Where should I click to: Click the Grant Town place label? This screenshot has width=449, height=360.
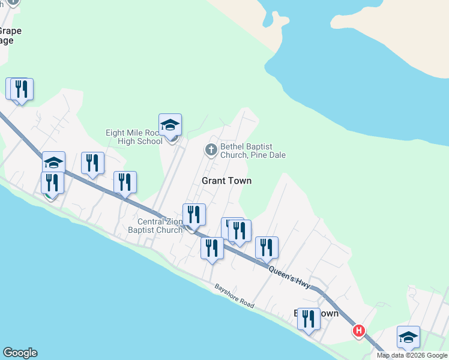pyautogui.click(x=226, y=181)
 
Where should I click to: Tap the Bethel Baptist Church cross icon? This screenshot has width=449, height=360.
pyautogui.click(x=211, y=149)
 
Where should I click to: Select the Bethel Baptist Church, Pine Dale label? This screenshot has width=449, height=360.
pyautogui.click(x=253, y=151)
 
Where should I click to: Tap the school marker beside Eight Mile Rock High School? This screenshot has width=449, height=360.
pyautogui.click(x=170, y=125)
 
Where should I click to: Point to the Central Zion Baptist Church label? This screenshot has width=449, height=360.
pyautogui.click(x=155, y=226)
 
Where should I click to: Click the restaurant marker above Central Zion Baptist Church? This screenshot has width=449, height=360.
pyautogui.click(x=194, y=215)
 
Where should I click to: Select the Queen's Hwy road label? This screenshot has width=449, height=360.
pyautogui.click(x=289, y=277)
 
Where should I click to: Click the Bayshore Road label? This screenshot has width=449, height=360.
pyautogui.click(x=234, y=296)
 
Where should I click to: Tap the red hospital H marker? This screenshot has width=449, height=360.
pyautogui.click(x=359, y=331)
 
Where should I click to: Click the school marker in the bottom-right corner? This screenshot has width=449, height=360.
pyautogui.click(x=408, y=337)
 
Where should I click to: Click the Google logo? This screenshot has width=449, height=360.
pyautogui.click(x=20, y=353)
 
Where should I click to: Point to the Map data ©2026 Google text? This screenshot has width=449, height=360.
pyautogui.click(x=411, y=355)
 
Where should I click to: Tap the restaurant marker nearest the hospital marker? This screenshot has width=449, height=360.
pyautogui.click(x=309, y=319)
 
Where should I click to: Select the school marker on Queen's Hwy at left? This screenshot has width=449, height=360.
pyautogui.click(x=53, y=162)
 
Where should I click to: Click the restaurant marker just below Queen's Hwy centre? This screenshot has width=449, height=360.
pyautogui.click(x=212, y=248)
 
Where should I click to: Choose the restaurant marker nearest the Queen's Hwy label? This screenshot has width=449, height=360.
pyautogui.click(x=267, y=247)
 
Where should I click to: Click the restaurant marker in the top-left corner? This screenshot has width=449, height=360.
pyautogui.click(x=22, y=89)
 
